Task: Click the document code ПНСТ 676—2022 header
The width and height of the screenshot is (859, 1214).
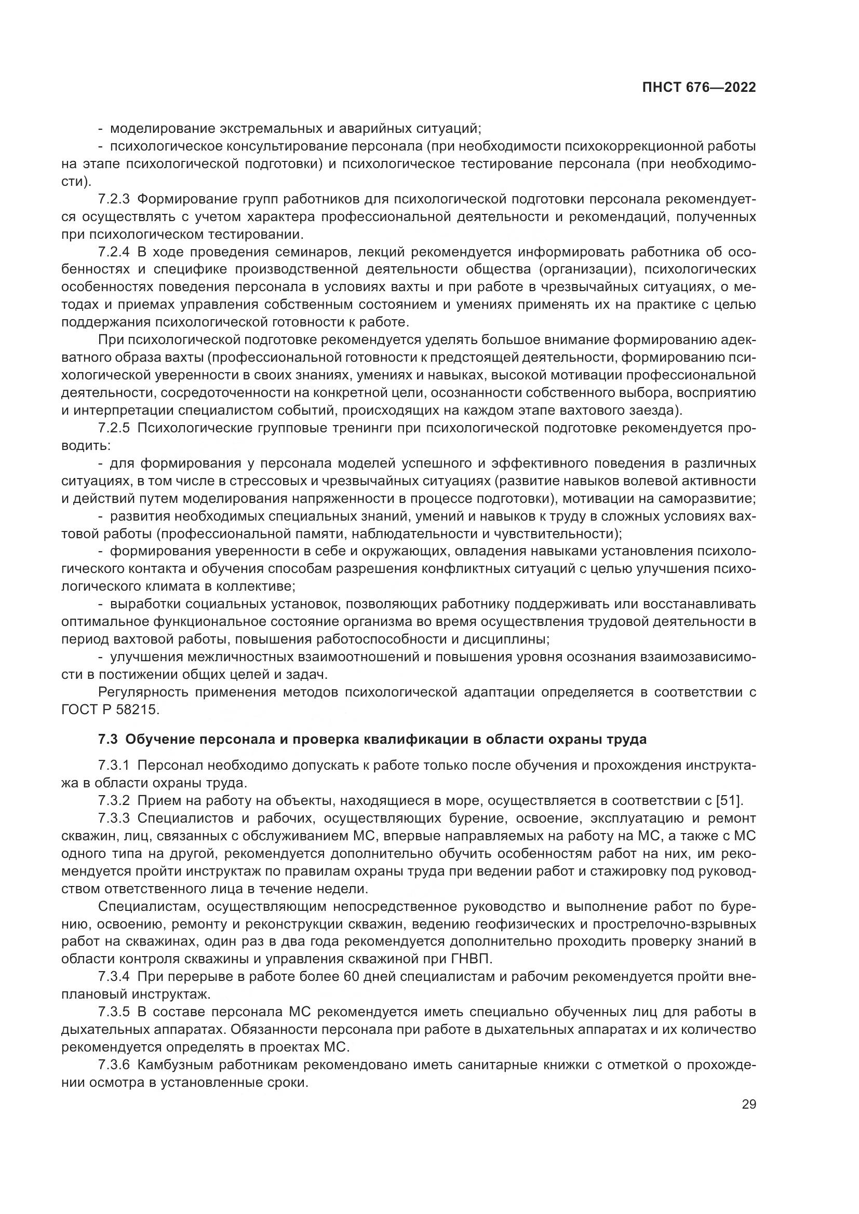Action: [x=699, y=88]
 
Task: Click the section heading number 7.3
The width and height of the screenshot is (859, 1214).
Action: [x=108, y=739]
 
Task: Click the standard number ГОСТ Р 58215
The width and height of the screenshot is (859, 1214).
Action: [x=110, y=710]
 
